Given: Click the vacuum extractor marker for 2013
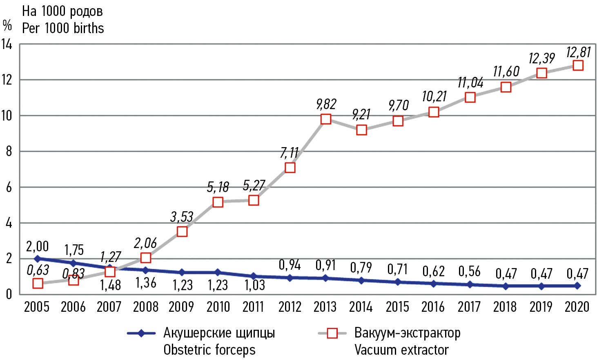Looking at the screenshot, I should [x=325, y=119].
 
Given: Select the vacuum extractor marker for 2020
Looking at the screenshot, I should [x=578, y=65].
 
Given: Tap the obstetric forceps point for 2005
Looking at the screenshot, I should [x=38, y=259].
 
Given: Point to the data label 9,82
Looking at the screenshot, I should [x=326, y=104].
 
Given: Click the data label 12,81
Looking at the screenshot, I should [x=578, y=52].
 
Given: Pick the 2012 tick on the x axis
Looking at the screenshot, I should [x=290, y=306].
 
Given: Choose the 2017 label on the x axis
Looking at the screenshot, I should [x=469, y=306].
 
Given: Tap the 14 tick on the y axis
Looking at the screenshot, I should [x=7, y=44].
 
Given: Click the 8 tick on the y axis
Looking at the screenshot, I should [x=9, y=152].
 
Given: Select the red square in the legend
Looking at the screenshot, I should [x=332, y=333].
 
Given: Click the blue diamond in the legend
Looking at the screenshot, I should [x=141, y=333].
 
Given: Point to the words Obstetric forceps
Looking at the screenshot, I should [x=209, y=350].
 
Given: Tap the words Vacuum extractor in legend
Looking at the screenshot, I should [x=401, y=350].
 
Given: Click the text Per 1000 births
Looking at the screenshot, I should [x=63, y=28].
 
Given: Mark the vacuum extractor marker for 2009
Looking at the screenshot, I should [x=182, y=232].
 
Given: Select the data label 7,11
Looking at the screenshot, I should [x=289, y=153].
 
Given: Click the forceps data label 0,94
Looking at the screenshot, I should [x=290, y=265].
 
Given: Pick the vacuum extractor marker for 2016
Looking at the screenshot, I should [x=434, y=112].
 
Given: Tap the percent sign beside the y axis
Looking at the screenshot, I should [x=7, y=25].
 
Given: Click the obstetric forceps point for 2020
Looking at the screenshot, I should [x=577, y=286].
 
